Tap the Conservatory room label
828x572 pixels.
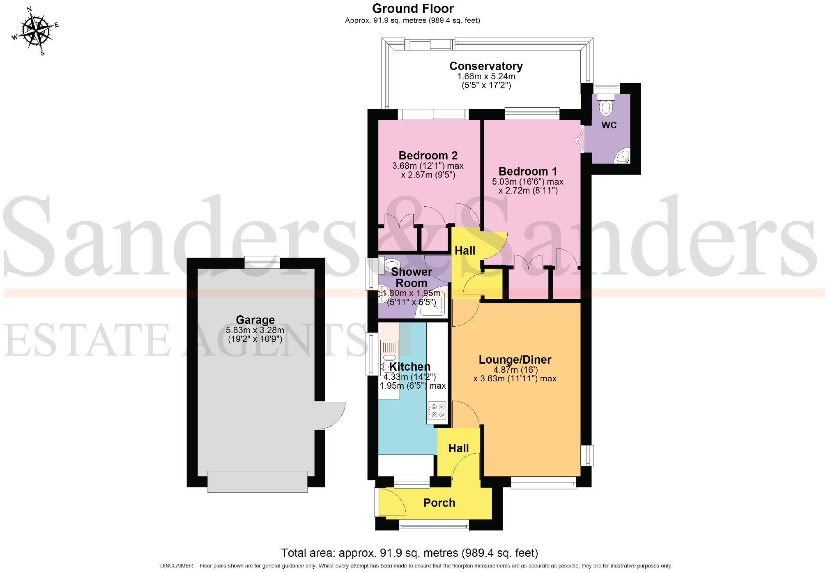[x=486, y=66]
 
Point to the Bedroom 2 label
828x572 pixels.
[x=428, y=156]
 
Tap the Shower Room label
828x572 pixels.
[x=411, y=277]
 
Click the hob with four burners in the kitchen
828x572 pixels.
[x=437, y=411]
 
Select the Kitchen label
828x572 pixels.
[x=409, y=367]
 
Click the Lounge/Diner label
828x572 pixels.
[x=515, y=360]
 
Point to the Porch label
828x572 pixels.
[x=439, y=503]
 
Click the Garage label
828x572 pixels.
[x=255, y=320]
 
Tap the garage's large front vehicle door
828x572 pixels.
[x=258, y=481]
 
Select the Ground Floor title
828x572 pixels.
[x=413, y=8]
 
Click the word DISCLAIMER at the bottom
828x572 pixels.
[x=176, y=566]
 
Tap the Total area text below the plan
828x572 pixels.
[x=409, y=553]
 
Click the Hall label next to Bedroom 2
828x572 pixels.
[x=465, y=251]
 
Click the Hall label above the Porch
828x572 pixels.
[x=458, y=448]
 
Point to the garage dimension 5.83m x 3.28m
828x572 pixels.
[x=255, y=330]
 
